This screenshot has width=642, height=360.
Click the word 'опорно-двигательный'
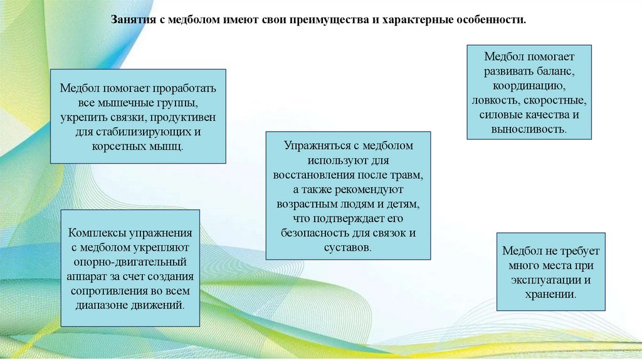click(x=130, y=262)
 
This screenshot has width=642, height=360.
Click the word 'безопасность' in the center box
click(x=312, y=233)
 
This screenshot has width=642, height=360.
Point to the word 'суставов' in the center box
click(x=347, y=248)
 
